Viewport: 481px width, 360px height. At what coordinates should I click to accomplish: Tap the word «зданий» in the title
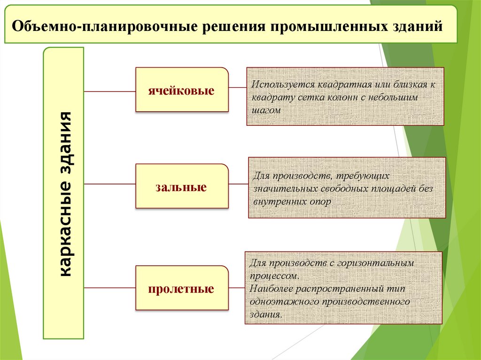[x=417, y=26]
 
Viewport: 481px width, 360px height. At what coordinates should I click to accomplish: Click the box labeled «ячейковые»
[x=182, y=90]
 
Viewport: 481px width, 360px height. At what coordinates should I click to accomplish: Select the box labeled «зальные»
[x=182, y=186]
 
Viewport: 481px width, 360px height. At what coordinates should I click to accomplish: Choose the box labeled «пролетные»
[x=182, y=288]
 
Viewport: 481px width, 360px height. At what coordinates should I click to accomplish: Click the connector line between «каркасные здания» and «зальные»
[x=109, y=184]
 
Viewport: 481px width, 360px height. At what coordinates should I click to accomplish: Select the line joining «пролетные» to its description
[x=237, y=286]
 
